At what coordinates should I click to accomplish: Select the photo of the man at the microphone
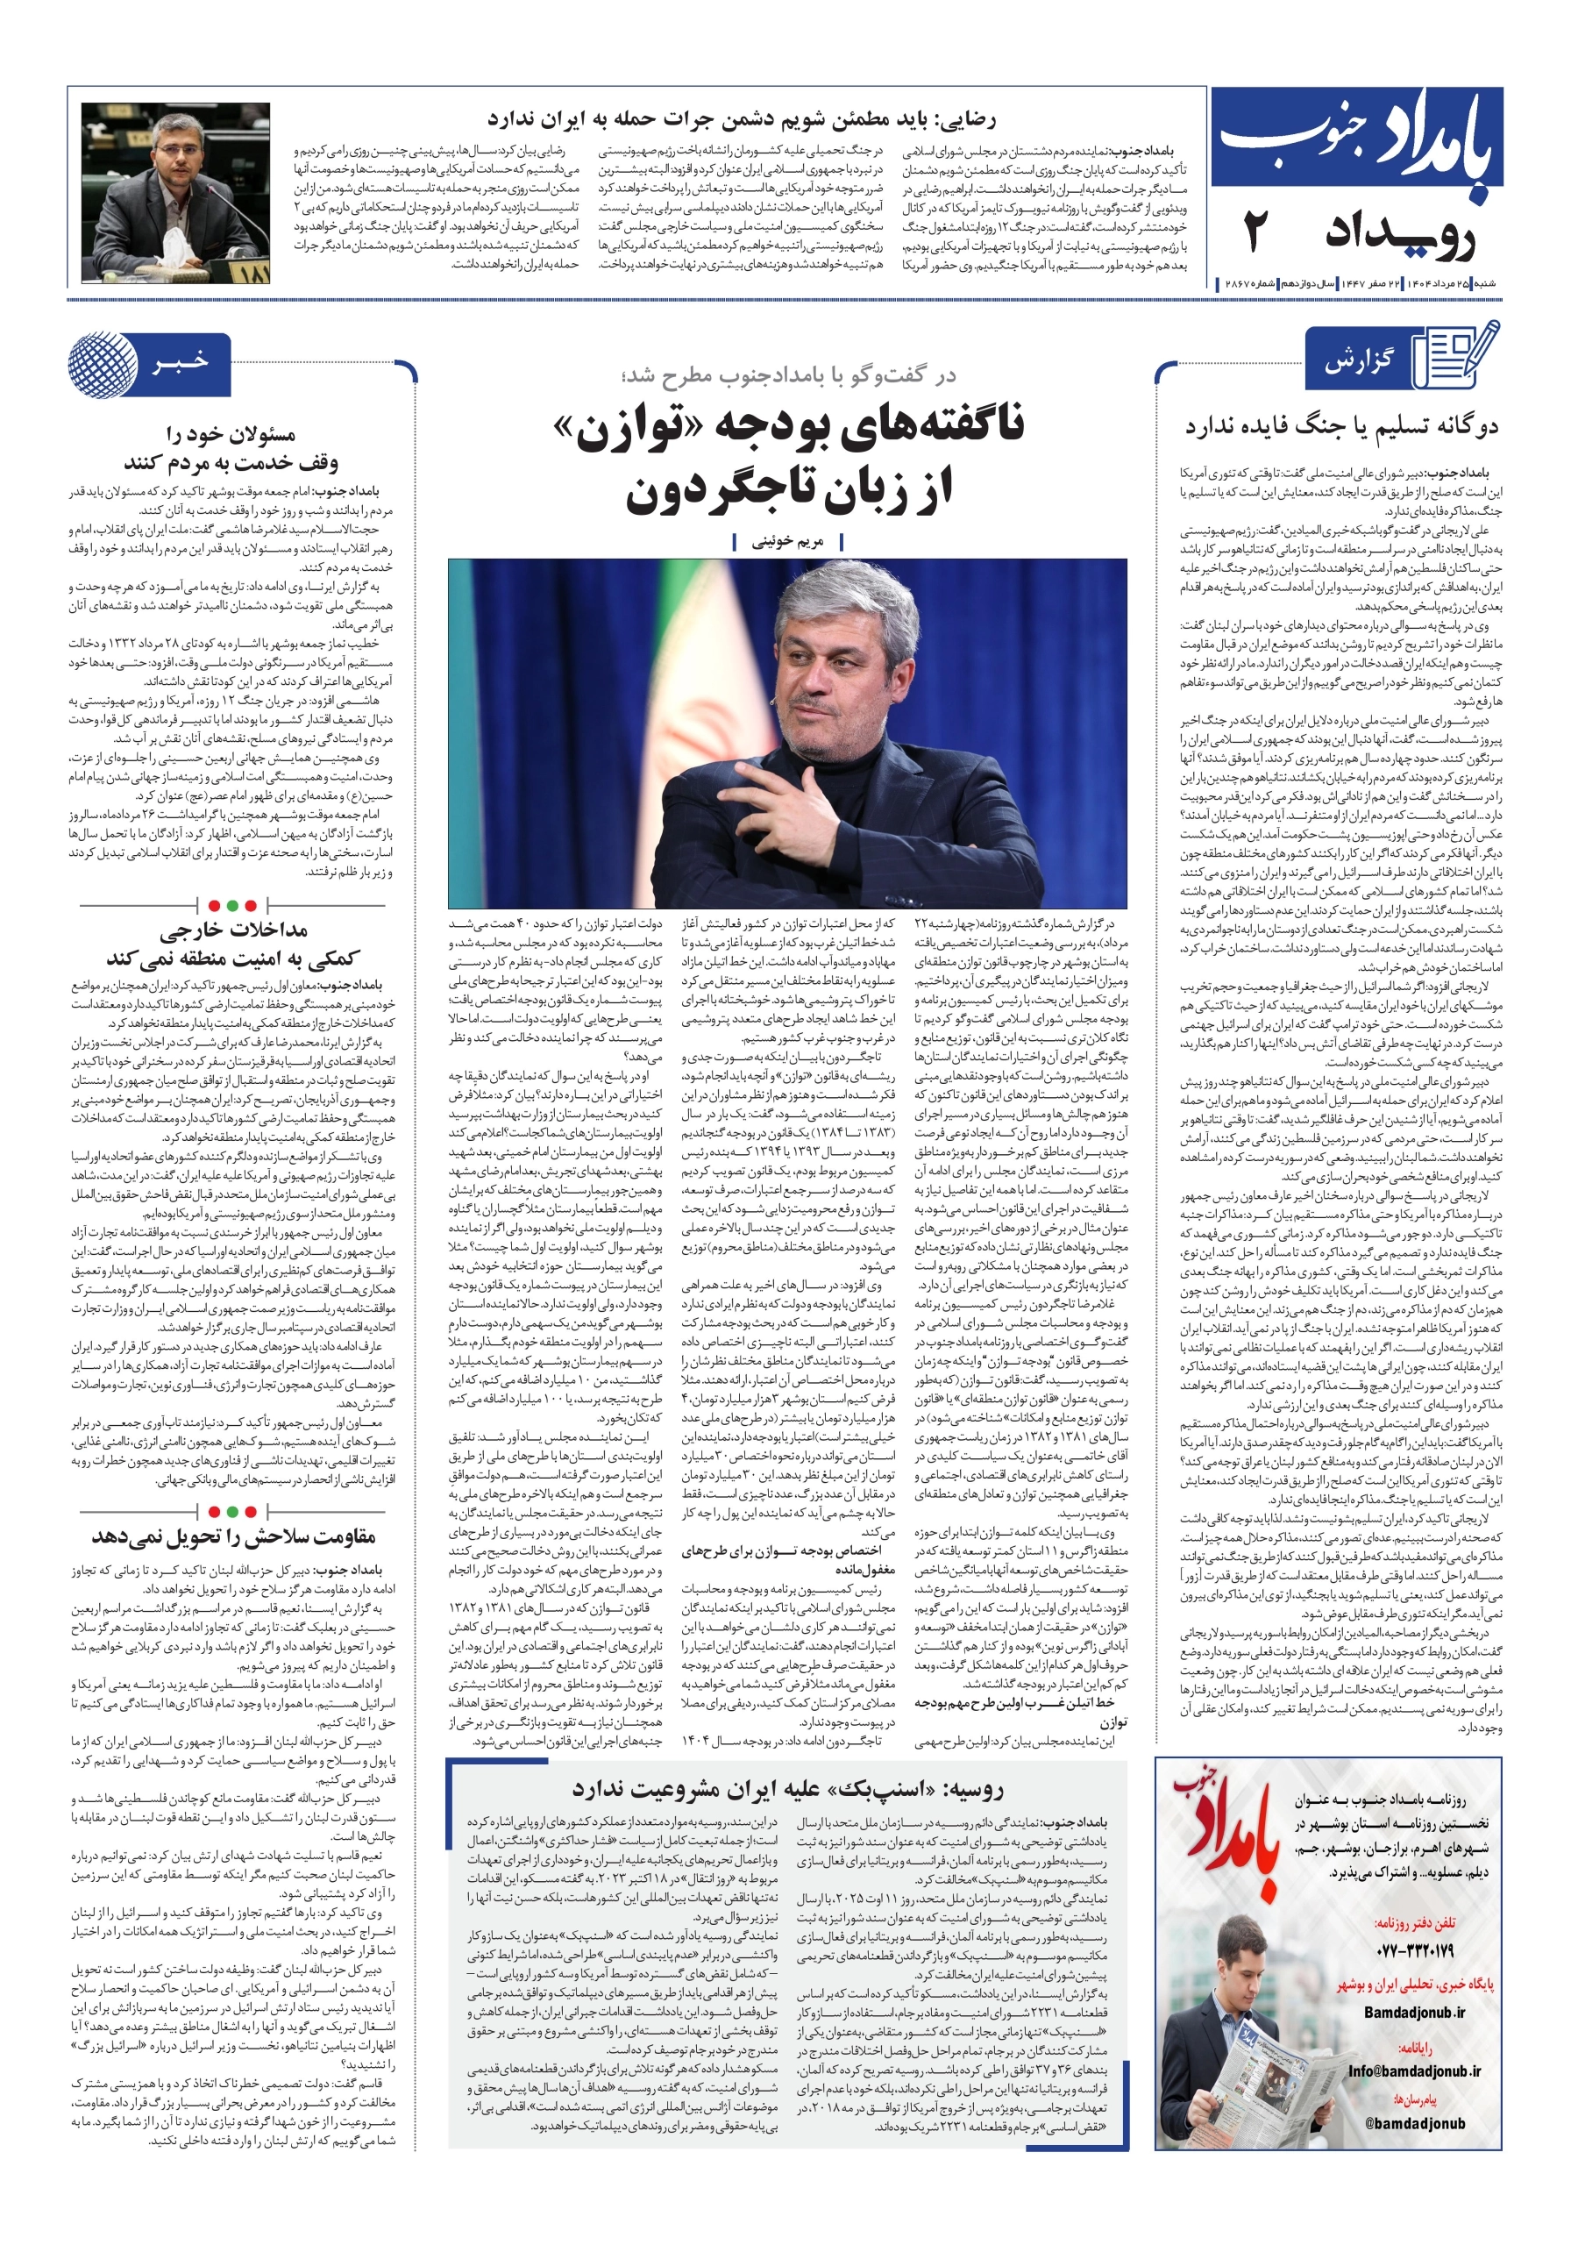point(176,193)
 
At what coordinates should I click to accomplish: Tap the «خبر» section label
point(181,362)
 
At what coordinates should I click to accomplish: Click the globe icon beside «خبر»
point(103,365)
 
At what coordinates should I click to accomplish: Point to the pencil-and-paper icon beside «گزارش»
point(1457,358)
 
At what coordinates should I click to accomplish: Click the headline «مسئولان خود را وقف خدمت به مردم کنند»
point(231,448)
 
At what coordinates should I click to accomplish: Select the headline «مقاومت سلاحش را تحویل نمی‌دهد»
point(234,1536)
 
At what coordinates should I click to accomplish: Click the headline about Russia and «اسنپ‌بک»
point(787,1789)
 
